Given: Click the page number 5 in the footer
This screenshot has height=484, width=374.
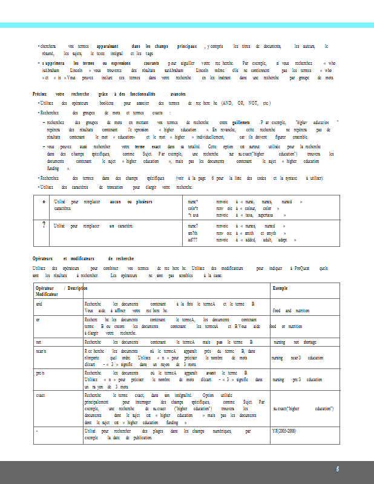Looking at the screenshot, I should [338, 469].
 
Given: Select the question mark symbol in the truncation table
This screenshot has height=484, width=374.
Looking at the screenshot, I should [44, 225].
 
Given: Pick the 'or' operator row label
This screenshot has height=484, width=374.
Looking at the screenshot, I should [38, 319].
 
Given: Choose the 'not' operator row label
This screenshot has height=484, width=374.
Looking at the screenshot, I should [39, 342].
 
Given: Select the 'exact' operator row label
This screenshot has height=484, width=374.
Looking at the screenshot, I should [40, 394].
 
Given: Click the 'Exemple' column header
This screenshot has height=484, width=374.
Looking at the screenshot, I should [280, 288].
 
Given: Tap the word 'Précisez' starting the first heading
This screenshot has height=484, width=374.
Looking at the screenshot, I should [41, 94].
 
